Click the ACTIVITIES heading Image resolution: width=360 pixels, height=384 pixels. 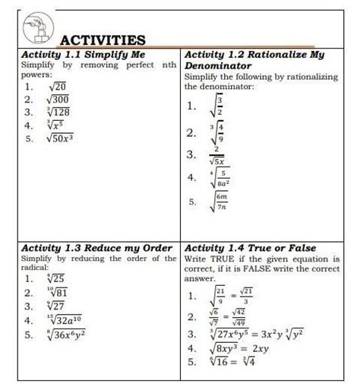click(103, 40)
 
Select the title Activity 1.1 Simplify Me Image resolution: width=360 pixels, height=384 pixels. click(83, 56)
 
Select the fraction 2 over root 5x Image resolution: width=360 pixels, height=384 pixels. click(216, 156)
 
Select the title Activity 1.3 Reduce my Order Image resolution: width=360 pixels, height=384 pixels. click(97, 248)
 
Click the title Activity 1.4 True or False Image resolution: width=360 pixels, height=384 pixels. click(250, 248)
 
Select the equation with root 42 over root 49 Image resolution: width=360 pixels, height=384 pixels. click(228, 316)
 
